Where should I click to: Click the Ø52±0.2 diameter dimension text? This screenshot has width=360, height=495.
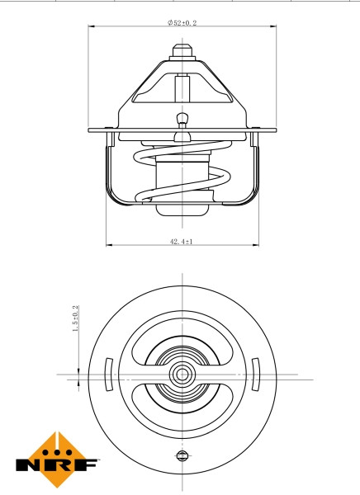182,23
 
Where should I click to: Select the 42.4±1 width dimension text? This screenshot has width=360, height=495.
181,241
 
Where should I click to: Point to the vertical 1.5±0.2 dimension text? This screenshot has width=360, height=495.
75,319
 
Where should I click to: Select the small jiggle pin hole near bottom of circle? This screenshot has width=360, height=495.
181,455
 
